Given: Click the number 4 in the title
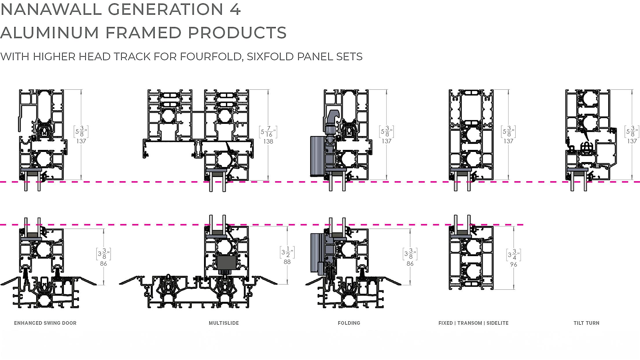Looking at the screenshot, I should pyautogui.click(x=236, y=9).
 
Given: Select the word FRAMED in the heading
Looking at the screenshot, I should pyautogui.click(x=143, y=32).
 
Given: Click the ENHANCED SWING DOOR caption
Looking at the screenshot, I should pyautogui.click(x=45, y=323).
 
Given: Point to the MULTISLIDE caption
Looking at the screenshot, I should pyautogui.click(x=224, y=323).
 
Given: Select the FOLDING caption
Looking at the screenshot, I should pyautogui.click(x=349, y=323).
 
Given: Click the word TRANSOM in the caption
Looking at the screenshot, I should pyautogui.click(x=470, y=323).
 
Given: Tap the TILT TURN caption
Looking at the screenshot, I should pyautogui.click(x=586, y=323).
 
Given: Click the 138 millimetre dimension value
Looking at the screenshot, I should pyautogui.click(x=268, y=142).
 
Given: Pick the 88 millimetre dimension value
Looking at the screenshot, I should pyautogui.click(x=287, y=262).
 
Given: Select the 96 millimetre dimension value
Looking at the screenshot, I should pyautogui.click(x=514, y=265).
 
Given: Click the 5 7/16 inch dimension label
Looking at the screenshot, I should pyautogui.click(x=268, y=132).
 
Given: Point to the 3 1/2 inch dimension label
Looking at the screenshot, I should pyautogui.click(x=287, y=253).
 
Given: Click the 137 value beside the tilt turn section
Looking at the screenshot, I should pyautogui.click(x=632, y=141).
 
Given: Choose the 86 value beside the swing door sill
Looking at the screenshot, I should pyautogui.click(x=104, y=264).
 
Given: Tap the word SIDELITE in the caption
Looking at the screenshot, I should pyautogui.click(x=497, y=323).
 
